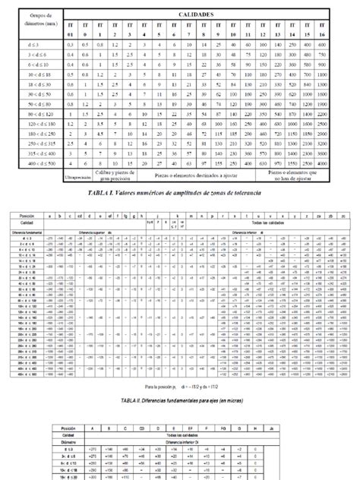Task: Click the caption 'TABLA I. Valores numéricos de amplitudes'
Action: [180, 194]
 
